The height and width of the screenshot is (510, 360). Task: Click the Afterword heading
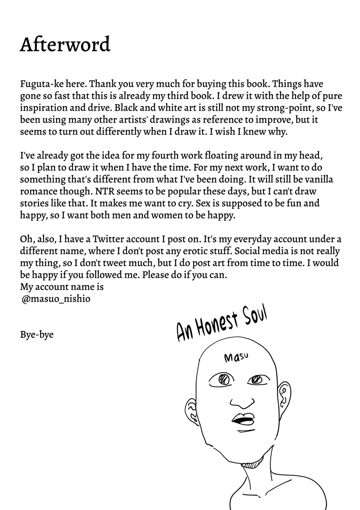65,44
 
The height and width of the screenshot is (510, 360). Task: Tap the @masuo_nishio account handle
56,299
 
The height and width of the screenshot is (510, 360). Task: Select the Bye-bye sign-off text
37,334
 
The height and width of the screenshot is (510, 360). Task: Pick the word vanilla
319,179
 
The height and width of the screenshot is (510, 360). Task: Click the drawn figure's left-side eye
222,379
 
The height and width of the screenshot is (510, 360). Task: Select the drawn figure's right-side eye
257,379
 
